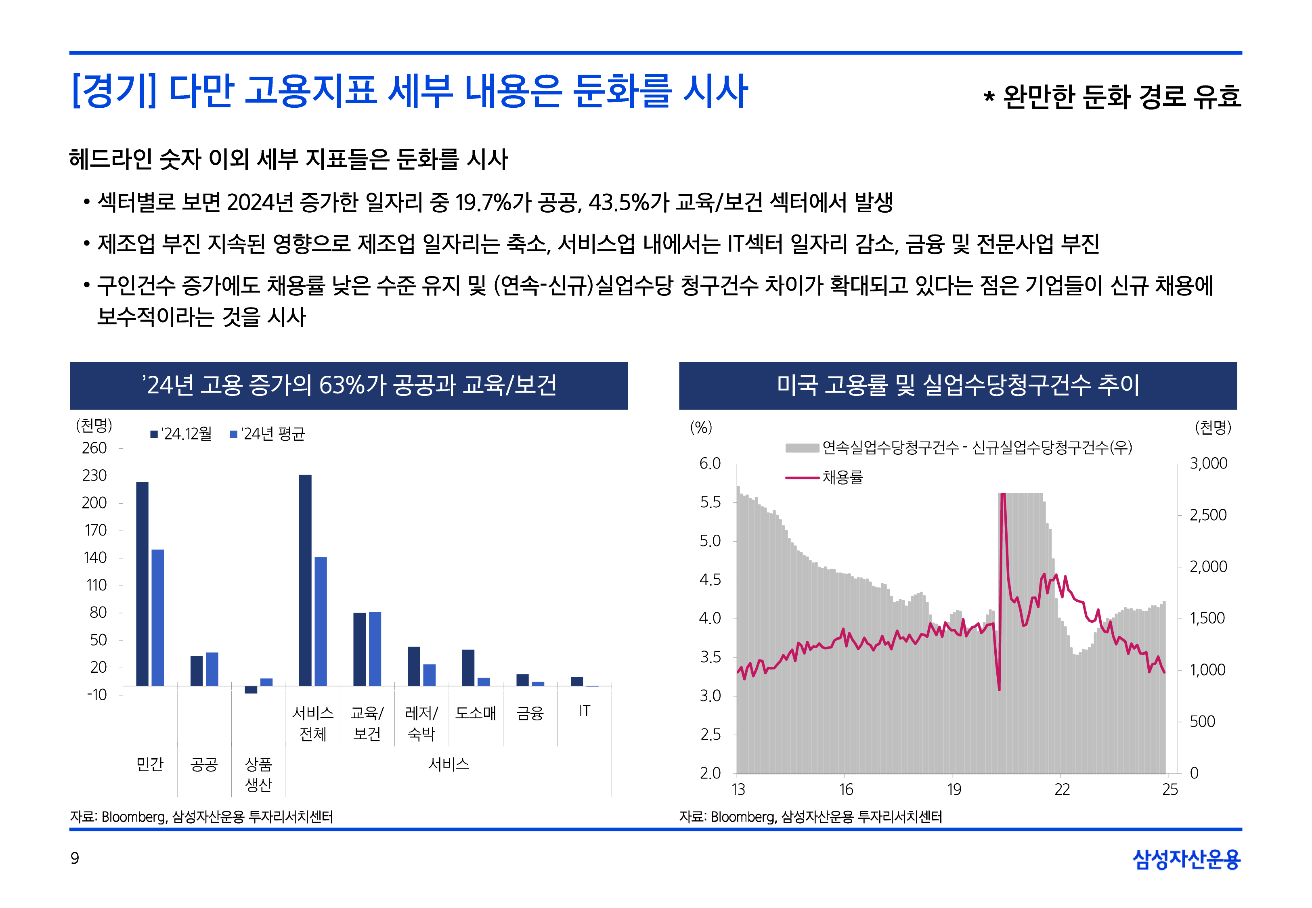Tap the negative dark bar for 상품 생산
(251, 690)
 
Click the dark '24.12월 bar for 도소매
(468, 667)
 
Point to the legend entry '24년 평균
(267, 434)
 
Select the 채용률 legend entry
(825, 477)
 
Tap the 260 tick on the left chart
(94, 448)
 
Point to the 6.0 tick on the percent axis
(710, 464)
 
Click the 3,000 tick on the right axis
(1208, 464)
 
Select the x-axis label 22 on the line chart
(1062, 790)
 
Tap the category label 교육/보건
(367, 723)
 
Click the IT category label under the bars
(584, 711)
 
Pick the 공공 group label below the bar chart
(204, 764)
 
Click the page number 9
(75, 858)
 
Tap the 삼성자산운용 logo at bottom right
(1186, 859)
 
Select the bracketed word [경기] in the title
(114, 91)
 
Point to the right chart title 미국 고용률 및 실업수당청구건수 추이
(958, 385)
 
